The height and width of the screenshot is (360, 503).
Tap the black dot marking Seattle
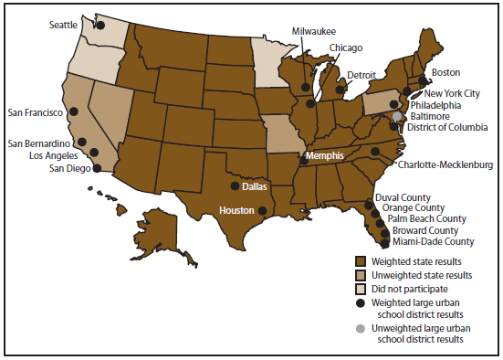point(100,26)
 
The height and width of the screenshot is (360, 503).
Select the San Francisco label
point(34,112)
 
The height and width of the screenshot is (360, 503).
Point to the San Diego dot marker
point(98,169)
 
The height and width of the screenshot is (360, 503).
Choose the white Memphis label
point(325,156)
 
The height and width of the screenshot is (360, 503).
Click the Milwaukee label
point(313,30)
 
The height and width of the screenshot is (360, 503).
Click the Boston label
point(446,71)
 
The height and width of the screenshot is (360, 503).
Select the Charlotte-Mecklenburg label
point(445,164)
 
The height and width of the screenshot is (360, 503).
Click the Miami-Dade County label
point(433,241)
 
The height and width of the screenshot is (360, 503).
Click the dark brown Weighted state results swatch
point(361,260)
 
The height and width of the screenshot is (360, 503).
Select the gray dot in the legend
point(361,328)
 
